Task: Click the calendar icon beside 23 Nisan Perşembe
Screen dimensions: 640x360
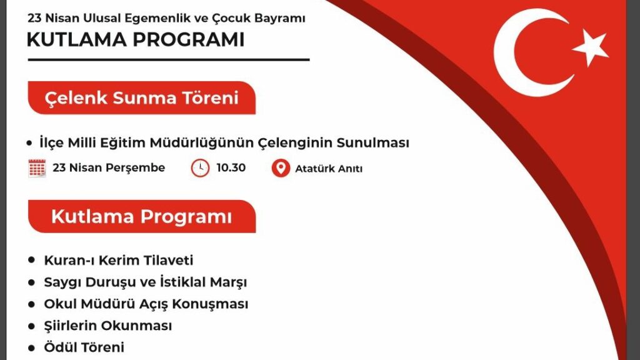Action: coord(37,167)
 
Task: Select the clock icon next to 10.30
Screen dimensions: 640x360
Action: coord(200,168)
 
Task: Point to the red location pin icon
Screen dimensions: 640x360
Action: coord(281,168)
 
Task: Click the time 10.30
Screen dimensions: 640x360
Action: coord(231,167)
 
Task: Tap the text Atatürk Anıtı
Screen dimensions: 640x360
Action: coord(329,169)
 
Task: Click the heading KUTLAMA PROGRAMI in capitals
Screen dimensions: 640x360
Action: coord(136,39)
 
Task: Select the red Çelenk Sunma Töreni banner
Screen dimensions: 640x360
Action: coord(142,98)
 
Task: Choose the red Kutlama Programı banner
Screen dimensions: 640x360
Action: coord(142,216)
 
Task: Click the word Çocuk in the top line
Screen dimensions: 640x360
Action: coord(231,19)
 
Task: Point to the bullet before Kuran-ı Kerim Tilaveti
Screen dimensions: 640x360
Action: coord(32,260)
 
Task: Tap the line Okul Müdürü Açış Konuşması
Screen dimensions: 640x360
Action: coord(146,304)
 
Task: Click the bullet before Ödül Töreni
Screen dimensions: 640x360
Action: coord(32,347)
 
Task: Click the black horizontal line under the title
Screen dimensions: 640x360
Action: coord(169,60)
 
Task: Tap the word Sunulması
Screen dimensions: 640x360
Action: coord(372,143)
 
